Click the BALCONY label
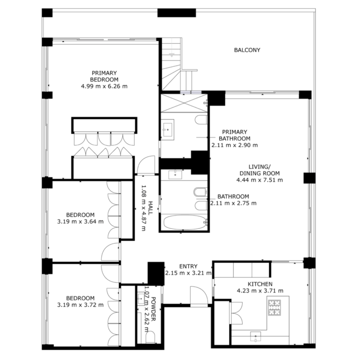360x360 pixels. tap(247, 50)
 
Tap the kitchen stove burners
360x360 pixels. tap(275, 307)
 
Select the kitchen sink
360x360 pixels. tap(256, 336)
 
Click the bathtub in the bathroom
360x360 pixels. tap(185, 222)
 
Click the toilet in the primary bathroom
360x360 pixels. tap(201, 120)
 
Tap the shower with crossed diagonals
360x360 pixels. tap(184, 103)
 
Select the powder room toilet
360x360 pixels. tap(150, 337)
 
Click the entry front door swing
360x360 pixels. tap(199, 295)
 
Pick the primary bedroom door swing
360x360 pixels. tap(146, 165)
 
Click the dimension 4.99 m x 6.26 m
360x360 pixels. tap(104, 86)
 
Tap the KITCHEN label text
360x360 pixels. tap(260, 284)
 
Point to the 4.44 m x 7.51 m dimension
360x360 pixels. tap(260, 180)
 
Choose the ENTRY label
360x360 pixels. tap(188, 266)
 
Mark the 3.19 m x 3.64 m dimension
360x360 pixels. tap(80, 222)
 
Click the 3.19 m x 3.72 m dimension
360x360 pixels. tap(80, 305)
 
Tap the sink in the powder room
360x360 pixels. tap(141, 299)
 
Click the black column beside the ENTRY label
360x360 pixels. tap(156, 273)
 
